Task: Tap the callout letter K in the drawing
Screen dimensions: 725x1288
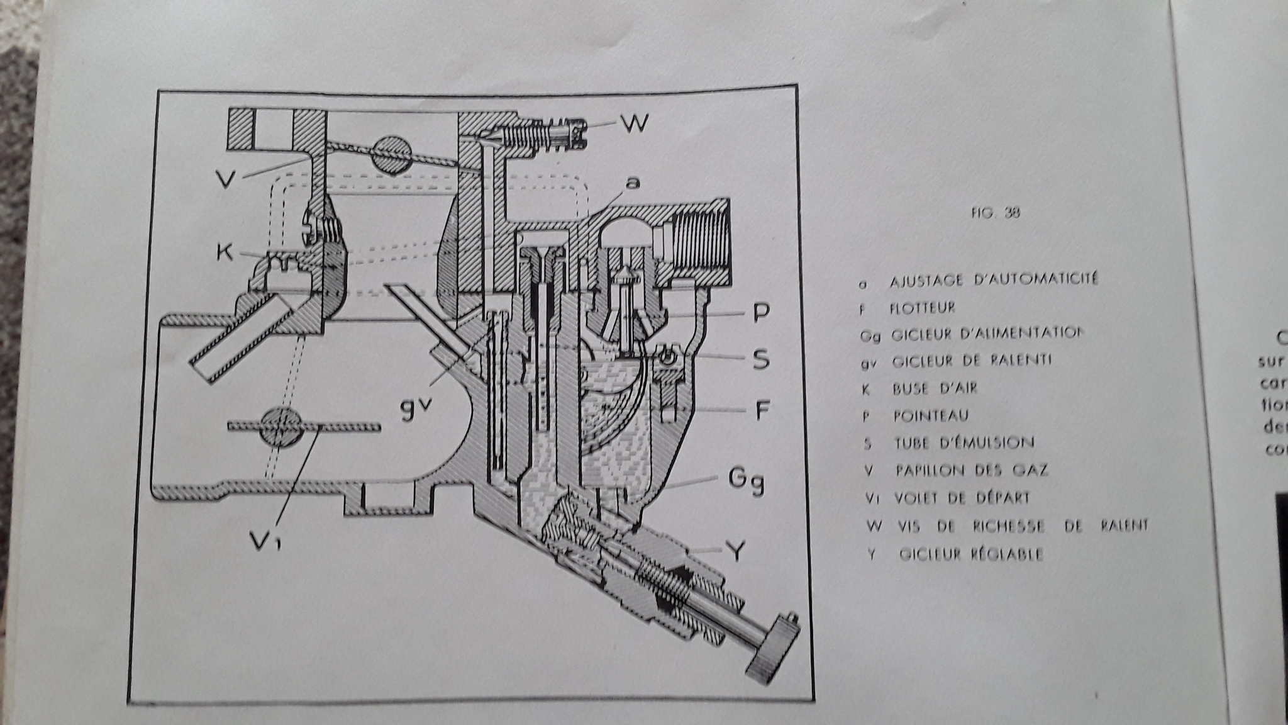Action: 224,253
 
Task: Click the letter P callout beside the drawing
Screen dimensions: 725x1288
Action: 760,313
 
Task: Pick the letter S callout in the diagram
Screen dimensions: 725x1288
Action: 760,359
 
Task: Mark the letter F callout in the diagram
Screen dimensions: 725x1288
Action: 762,411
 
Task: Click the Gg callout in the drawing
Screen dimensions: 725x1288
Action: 746,481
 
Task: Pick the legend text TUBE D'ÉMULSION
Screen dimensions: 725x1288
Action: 964,443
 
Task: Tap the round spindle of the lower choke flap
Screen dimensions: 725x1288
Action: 281,428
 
